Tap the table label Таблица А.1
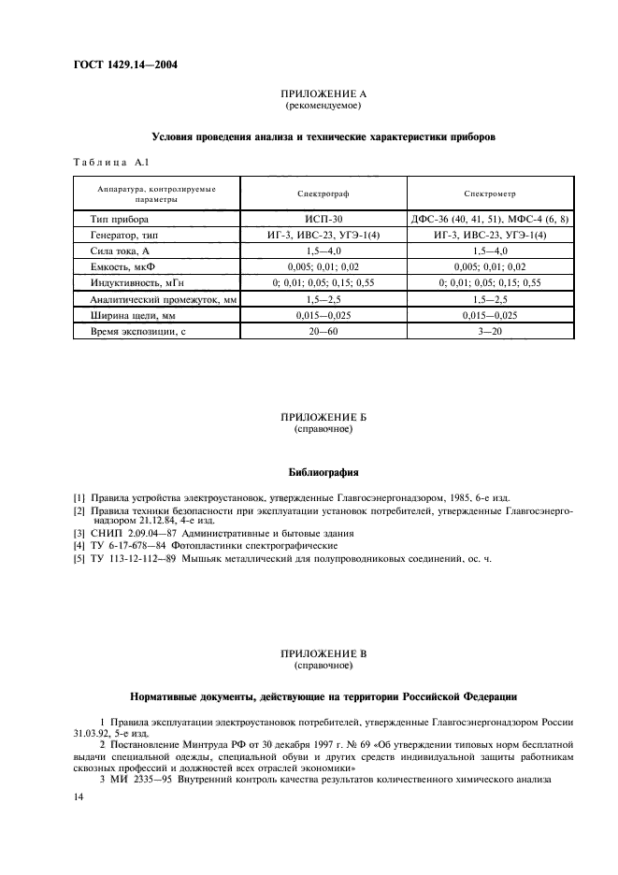106,163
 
